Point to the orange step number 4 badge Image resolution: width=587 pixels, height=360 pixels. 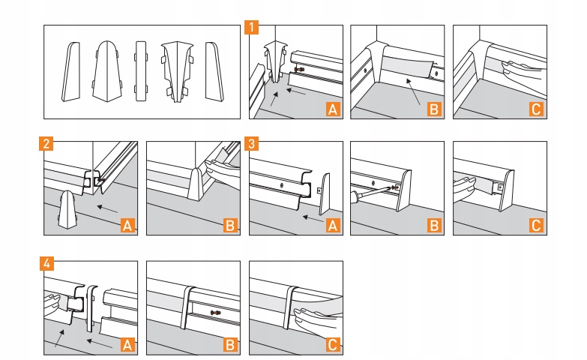(x=46, y=264)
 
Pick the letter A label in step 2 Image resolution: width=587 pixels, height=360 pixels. (x=128, y=224)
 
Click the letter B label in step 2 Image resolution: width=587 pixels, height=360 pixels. (x=230, y=224)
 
